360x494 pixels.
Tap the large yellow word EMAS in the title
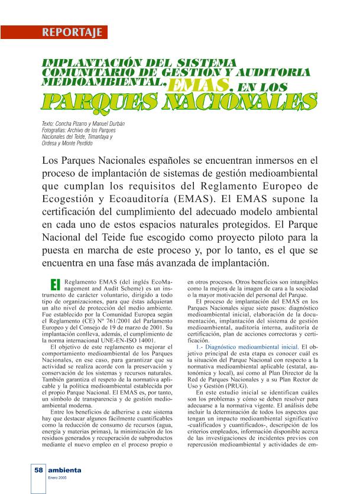[x=199, y=86]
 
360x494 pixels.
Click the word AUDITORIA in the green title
[x=274, y=72]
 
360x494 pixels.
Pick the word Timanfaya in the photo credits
[x=96, y=136]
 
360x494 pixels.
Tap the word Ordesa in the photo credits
[x=50, y=142]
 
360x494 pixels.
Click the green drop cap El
[x=56, y=285]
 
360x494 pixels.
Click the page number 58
[x=38, y=470]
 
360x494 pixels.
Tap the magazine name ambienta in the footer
[x=66, y=470]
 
